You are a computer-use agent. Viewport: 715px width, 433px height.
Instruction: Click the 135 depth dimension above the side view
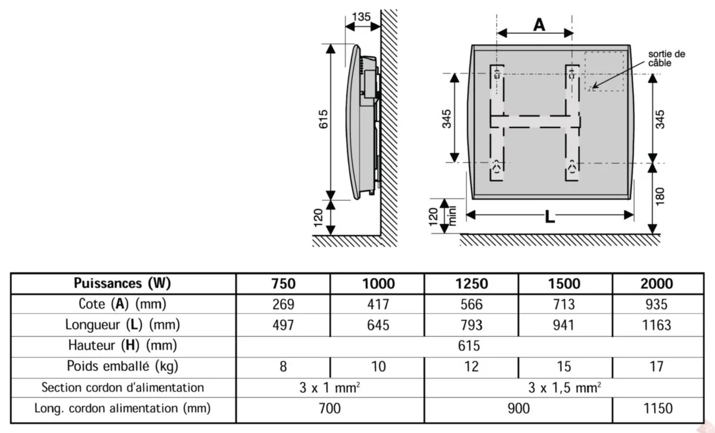(362, 16)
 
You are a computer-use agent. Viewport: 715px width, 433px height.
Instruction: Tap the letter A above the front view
(539, 24)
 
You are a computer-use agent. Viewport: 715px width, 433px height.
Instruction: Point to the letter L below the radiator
(549, 217)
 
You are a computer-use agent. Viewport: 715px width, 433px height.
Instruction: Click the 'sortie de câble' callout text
(666, 58)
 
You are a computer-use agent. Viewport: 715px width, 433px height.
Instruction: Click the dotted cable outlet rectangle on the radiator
(607, 71)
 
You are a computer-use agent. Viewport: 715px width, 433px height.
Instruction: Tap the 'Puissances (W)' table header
(124, 284)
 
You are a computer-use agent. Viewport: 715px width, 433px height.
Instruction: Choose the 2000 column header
(656, 284)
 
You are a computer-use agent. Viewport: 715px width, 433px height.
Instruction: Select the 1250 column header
(471, 284)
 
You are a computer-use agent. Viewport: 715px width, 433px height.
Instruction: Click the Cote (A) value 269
(283, 304)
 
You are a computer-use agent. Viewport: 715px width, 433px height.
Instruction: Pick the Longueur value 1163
(656, 325)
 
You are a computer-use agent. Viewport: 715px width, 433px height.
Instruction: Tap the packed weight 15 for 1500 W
(564, 366)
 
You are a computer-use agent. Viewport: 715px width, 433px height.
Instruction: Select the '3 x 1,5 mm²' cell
(564, 387)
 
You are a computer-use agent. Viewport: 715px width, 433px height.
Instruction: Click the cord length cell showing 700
(330, 408)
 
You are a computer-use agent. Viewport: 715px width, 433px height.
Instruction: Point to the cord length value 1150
(656, 408)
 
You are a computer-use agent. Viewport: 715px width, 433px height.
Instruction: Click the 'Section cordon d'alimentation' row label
(123, 387)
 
